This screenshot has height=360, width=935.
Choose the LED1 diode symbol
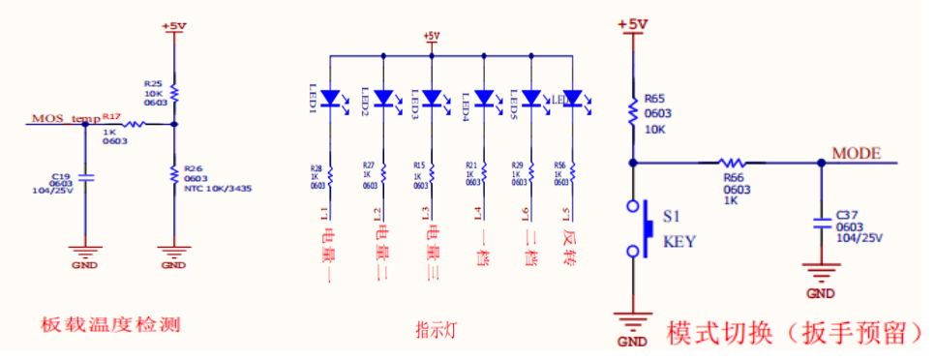pos(331,98)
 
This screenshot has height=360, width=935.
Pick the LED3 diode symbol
pos(431,98)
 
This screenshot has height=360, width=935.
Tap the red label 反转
pos(570,244)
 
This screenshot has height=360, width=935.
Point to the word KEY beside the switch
pos(679,243)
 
